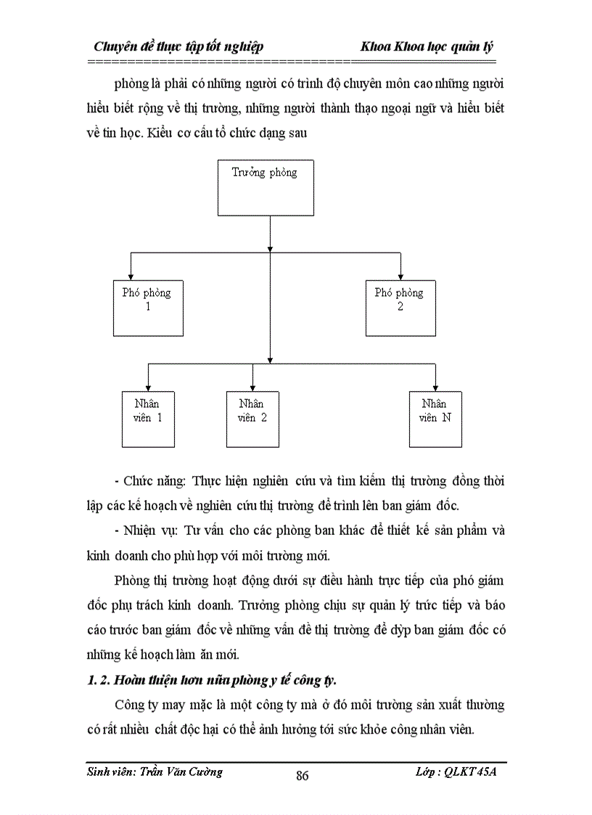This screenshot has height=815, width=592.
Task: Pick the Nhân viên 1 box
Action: pyautogui.click(x=147, y=419)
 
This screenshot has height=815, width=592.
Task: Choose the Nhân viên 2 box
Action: pyautogui.click(x=252, y=419)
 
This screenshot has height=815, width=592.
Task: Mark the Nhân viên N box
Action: pyautogui.click(x=435, y=419)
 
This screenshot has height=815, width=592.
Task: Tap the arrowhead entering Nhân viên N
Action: pyautogui.click(x=435, y=386)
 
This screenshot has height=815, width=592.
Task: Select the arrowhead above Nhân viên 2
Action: pyautogui.click(x=252, y=386)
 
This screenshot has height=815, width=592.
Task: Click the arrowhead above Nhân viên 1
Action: pyautogui.click(x=148, y=386)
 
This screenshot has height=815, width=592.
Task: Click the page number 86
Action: pyautogui.click(x=303, y=776)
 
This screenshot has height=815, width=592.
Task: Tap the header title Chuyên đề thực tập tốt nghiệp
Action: pyautogui.click(x=178, y=47)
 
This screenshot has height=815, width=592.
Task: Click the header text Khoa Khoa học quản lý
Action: pyautogui.click(x=427, y=47)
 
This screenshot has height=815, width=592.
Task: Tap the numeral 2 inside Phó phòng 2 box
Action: pyautogui.click(x=400, y=307)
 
